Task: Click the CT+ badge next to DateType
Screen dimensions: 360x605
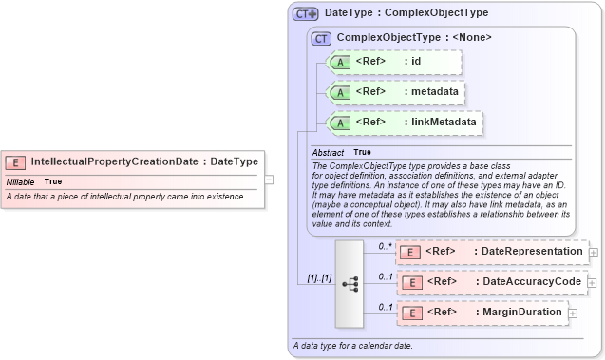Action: (x=306, y=13)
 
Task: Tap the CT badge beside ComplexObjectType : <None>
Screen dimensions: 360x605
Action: (x=322, y=38)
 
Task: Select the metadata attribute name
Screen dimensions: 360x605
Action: (x=434, y=92)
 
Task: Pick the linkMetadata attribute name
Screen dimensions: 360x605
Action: (x=442, y=123)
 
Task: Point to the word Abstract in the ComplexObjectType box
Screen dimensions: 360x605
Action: (x=328, y=152)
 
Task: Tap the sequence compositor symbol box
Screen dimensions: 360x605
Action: (x=350, y=283)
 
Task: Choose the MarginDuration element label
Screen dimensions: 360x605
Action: (x=521, y=312)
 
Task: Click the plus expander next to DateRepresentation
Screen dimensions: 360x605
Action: (x=594, y=253)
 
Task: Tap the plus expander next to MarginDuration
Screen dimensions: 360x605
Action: (x=573, y=313)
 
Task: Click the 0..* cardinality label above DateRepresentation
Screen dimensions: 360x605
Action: (x=386, y=246)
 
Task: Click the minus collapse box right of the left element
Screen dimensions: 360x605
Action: (x=269, y=179)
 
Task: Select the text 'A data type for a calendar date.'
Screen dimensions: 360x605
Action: (x=353, y=346)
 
